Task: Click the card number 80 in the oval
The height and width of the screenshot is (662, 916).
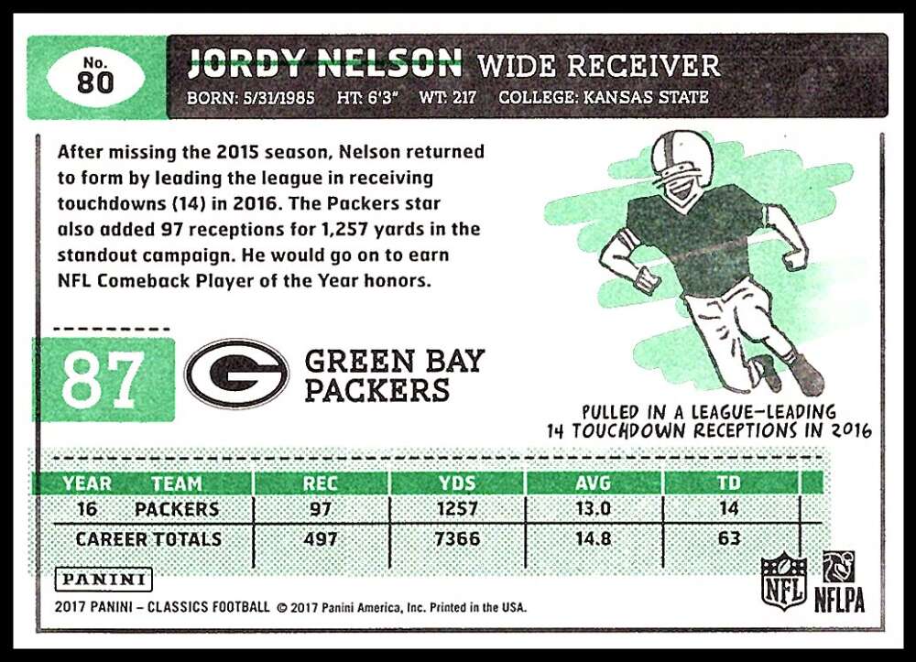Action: tap(95, 82)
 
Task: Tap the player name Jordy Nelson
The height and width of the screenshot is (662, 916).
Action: tap(325, 63)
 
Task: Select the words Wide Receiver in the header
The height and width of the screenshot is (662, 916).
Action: tap(599, 65)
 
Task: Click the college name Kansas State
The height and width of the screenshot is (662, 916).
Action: tap(646, 97)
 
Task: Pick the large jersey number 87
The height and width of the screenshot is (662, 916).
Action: tap(103, 380)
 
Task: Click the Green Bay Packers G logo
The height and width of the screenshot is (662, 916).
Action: tap(236, 373)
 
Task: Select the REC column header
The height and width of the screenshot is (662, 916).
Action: tap(320, 483)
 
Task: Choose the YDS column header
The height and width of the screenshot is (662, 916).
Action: tap(457, 483)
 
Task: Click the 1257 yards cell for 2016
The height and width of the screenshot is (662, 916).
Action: tap(457, 509)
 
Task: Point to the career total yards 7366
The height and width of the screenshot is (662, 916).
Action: tap(457, 538)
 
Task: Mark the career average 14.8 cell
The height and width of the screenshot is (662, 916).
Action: tap(593, 538)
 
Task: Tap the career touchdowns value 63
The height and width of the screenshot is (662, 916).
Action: tap(729, 538)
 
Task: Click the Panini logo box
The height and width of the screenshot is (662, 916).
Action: tap(104, 580)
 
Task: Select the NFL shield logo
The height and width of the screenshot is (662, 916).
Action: tap(784, 581)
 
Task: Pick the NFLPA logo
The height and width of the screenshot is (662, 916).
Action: tap(839, 581)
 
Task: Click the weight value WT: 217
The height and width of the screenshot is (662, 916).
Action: tap(448, 97)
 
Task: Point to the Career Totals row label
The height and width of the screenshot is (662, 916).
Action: tap(149, 538)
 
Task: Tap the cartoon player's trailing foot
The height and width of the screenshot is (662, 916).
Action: tap(768, 372)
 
